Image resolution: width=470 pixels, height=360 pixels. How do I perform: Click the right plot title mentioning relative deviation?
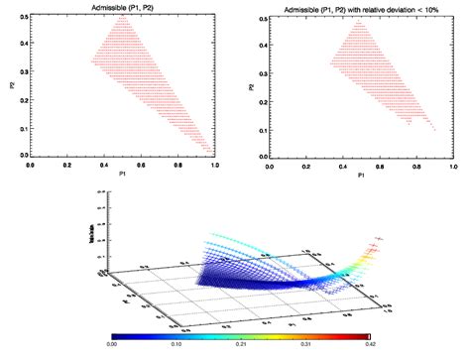click(359, 8)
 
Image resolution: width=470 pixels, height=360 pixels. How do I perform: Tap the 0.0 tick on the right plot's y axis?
click(260, 157)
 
